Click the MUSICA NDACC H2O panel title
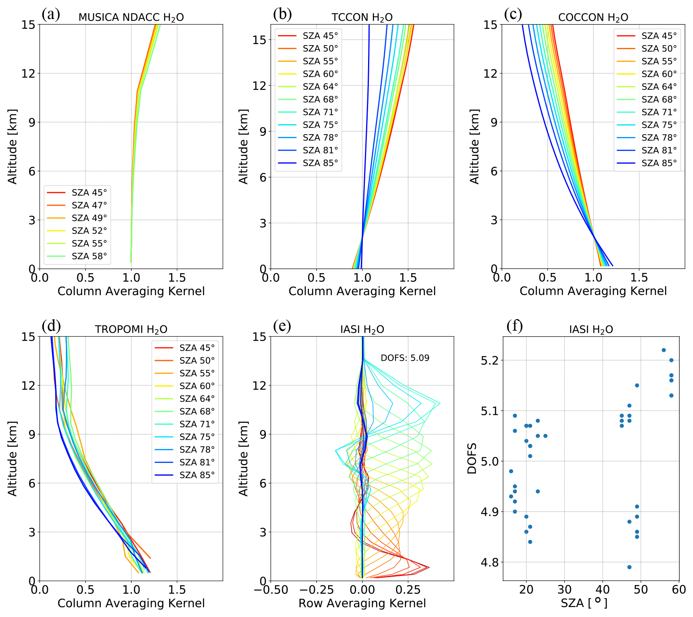click(x=131, y=18)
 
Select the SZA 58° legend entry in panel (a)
click(x=89, y=256)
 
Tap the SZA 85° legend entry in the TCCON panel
click(x=320, y=163)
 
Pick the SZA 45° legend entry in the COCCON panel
click(x=659, y=36)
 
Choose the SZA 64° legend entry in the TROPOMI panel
click(x=197, y=399)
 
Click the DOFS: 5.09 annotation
click(x=405, y=358)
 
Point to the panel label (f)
click(x=514, y=326)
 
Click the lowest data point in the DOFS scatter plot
click(x=629, y=567)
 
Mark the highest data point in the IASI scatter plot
click(x=664, y=350)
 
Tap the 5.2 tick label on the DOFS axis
click(x=489, y=361)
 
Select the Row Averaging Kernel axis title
click(x=362, y=603)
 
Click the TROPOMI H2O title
click(x=131, y=329)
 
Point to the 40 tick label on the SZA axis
click(x=603, y=590)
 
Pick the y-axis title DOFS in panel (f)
click(x=472, y=458)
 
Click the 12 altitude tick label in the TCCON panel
click(x=259, y=86)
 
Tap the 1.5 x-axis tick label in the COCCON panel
click(x=639, y=278)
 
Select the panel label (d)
click(x=51, y=326)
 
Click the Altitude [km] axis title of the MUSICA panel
click(x=13, y=147)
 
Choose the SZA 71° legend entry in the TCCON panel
click(x=320, y=112)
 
